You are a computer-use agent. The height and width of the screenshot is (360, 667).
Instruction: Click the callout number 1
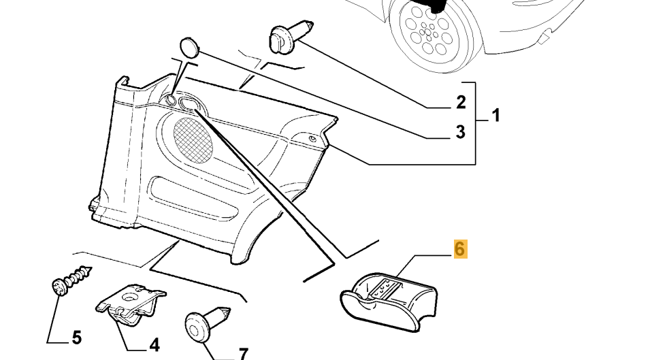(x=495, y=116)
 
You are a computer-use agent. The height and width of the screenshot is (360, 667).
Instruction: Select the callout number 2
(x=461, y=103)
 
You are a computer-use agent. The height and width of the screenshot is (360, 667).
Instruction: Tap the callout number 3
(x=460, y=131)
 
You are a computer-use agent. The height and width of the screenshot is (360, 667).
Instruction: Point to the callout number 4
(x=154, y=345)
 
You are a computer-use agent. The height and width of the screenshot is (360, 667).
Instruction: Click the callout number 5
(x=76, y=337)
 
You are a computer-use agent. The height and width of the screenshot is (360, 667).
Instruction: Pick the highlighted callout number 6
(x=460, y=249)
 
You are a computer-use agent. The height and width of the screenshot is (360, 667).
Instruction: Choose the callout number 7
(x=243, y=353)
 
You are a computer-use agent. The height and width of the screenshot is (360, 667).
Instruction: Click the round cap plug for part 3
(x=189, y=47)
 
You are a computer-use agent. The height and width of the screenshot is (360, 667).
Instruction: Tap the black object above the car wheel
(x=434, y=5)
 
